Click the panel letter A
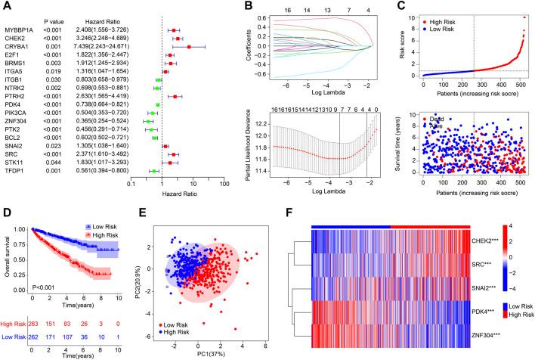tap(7, 6)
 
